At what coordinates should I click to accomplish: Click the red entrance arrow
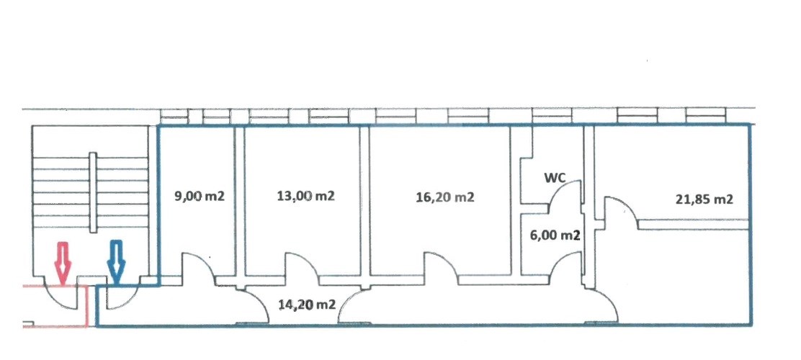point(63,263)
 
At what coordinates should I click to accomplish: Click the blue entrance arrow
point(116,263)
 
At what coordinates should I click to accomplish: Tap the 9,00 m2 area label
point(200,197)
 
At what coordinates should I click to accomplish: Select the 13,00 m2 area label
point(305,196)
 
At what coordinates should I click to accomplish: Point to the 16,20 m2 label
point(445,197)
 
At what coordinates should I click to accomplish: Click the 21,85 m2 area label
point(704,199)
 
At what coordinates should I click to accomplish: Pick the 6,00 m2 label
point(555,236)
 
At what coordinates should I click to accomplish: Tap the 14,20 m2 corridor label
point(307,305)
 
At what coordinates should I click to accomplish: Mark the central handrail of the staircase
point(93,192)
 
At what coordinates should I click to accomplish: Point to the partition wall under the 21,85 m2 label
point(693,224)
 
